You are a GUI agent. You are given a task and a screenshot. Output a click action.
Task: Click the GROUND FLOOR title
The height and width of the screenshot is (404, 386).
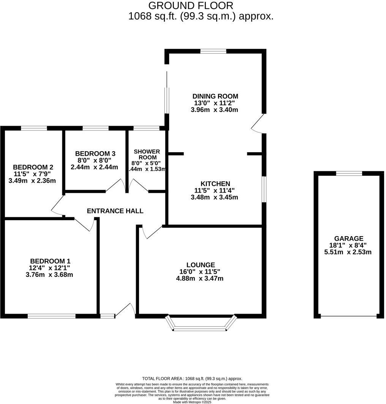(x=190, y=6)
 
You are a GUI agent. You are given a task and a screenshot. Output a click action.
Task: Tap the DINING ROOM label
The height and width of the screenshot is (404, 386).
(x=215, y=96)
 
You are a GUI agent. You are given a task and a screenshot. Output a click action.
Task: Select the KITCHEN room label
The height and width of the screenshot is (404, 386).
(x=215, y=184)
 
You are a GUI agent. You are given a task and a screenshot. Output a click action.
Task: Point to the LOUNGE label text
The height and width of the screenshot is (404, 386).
(x=201, y=265)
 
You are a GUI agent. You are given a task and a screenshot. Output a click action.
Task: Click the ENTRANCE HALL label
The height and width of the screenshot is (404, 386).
(x=115, y=211)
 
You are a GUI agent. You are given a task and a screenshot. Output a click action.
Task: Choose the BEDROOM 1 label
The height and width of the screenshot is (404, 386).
(x=50, y=261)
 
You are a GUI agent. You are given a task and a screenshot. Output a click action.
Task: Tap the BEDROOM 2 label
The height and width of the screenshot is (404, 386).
(x=33, y=167)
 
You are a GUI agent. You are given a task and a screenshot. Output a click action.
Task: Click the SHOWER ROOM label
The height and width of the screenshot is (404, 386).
(x=147, y=155)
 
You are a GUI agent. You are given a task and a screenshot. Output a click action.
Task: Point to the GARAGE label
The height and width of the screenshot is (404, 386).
(x=349, y=238)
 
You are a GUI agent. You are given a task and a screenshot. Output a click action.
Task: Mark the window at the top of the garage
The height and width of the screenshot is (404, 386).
(x=349, y=174)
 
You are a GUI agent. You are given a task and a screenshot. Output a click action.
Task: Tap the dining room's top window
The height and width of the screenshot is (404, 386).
(x=213, y=51)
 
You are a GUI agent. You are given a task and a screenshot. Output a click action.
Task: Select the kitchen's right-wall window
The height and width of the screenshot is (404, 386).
(x=264, y=189)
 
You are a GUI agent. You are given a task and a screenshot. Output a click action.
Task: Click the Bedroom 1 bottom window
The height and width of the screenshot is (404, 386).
(x=51, y=316)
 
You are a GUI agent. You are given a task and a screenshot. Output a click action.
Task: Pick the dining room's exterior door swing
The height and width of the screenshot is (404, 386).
(x=258, y=123)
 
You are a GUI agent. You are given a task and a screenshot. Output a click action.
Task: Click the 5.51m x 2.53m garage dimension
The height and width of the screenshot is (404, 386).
(x=348, y=252)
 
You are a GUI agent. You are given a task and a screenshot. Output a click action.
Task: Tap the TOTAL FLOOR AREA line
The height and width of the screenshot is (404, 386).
(x=192, y=379)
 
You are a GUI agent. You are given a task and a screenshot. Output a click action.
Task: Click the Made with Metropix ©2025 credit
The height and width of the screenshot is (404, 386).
(x=192, y=402)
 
